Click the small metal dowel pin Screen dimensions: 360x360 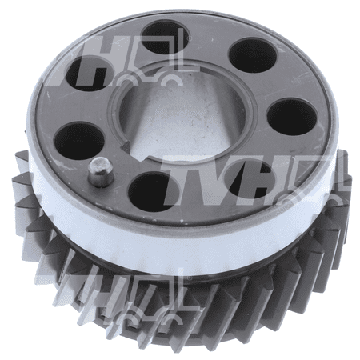click(101, 172)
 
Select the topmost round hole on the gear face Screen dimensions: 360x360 click(166, 38)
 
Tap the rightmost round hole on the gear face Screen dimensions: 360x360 click(292, 118)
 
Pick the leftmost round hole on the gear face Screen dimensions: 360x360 click(79, 141)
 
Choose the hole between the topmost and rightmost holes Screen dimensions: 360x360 click(253, 55)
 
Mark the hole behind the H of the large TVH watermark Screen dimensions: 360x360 click(246, 179)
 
